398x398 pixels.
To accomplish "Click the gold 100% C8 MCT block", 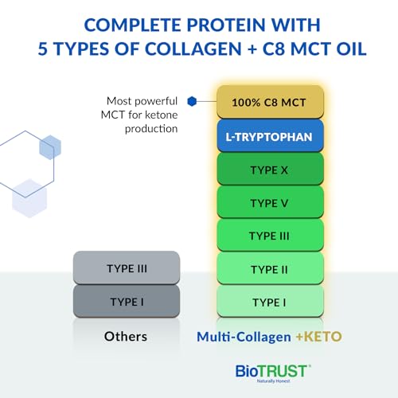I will [x=270, y=102].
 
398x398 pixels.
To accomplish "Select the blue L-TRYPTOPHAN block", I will [x=270, y=135].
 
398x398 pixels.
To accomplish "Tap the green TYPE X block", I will [x=270, y=169].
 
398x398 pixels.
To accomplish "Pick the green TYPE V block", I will [x=270, y=202].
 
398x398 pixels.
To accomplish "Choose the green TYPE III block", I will [x=270, y=236].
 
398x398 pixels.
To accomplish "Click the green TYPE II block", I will [x=270, y=269].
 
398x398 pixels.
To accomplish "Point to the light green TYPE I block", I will [x=270, y=302].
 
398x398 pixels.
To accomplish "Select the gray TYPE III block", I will [x=126, y=268].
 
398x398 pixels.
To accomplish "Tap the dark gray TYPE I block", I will [x=126, y=302].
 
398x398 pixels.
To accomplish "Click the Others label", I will [x=126, y=337].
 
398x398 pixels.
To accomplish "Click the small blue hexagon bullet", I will [x=192, y=101].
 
